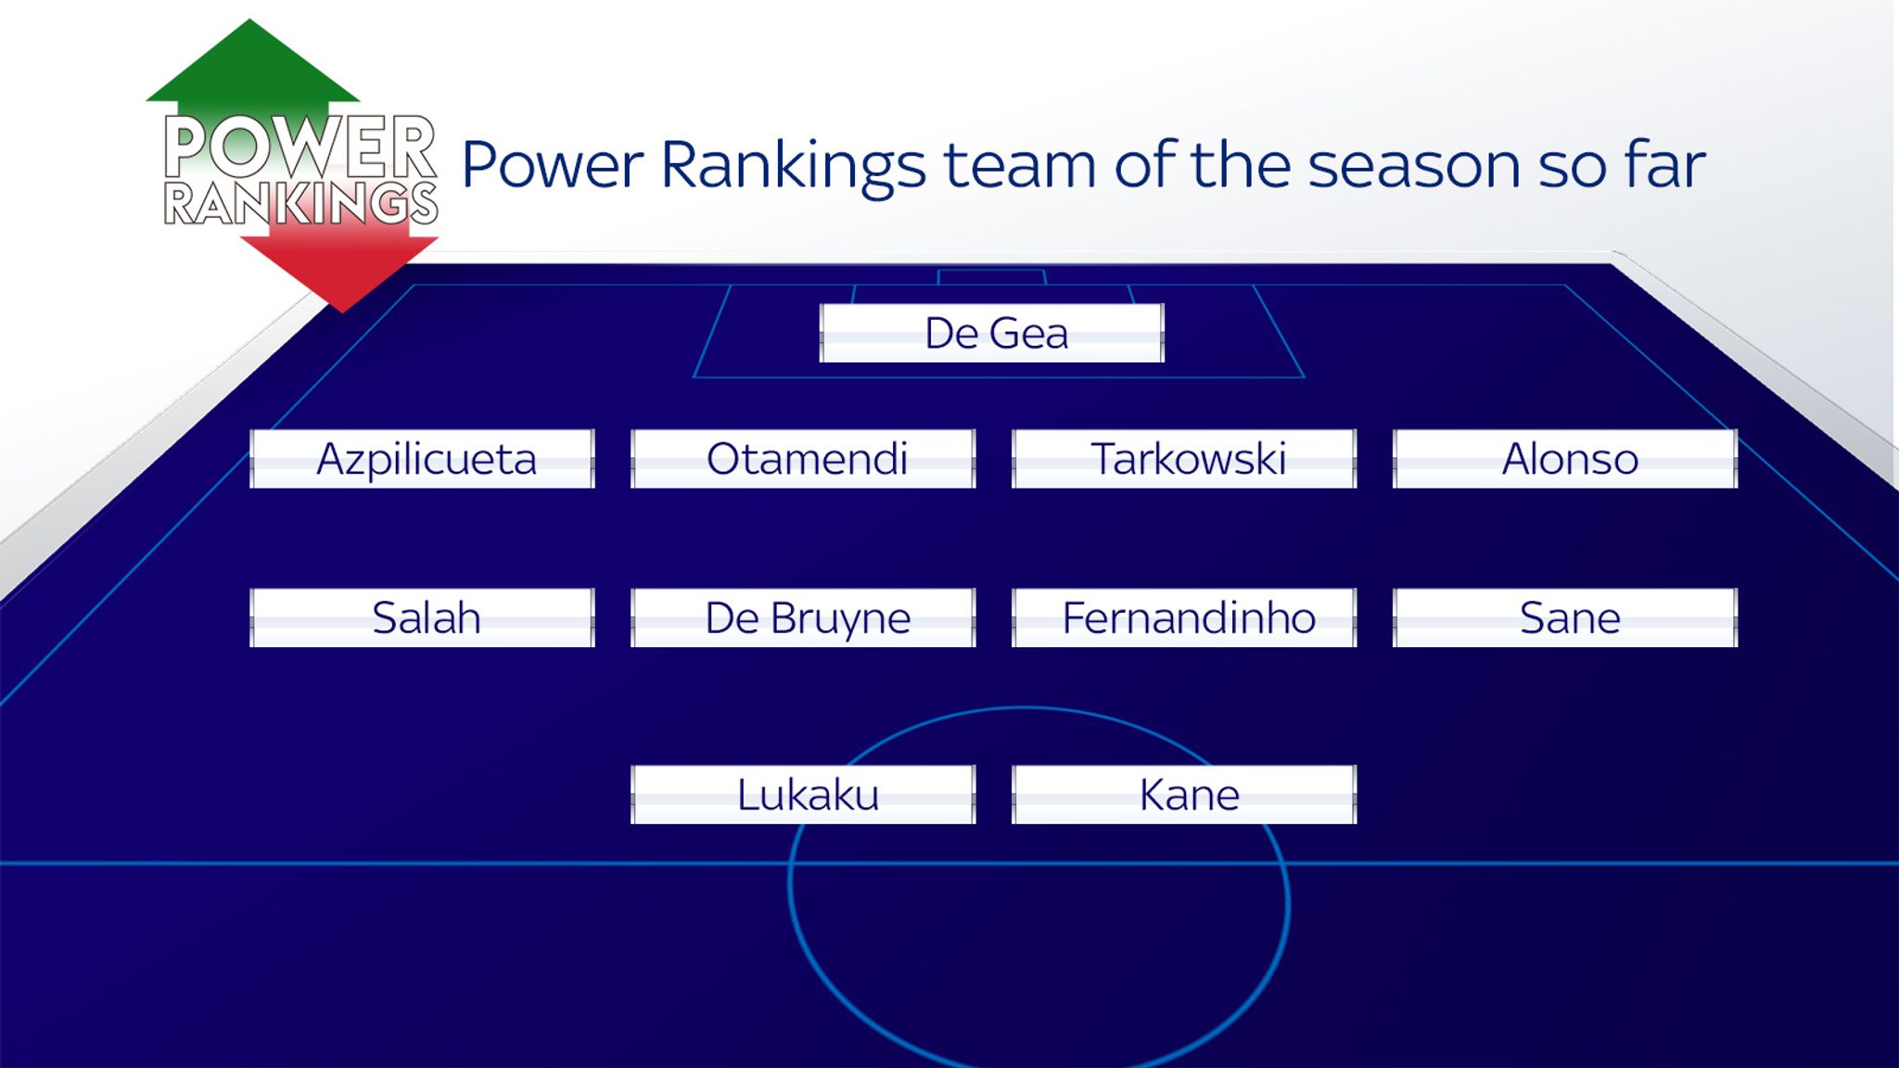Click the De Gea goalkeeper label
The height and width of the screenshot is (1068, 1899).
[992, 333]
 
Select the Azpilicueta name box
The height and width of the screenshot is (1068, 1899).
[423, 459]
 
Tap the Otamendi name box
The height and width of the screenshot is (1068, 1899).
[804, 459]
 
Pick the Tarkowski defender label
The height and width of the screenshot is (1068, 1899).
[1185, 459]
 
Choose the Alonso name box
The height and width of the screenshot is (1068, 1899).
[1566, 459]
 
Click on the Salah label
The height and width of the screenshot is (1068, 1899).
[423, 617]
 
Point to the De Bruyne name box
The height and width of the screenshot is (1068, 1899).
[804, 617]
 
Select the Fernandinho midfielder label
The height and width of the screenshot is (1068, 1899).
[1185, 617]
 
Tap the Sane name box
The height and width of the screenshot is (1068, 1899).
[1566, 617]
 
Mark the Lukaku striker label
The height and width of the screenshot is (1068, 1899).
[804, 795]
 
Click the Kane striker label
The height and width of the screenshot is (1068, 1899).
[1185, 795]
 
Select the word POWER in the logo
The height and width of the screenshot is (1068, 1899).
[300, 146]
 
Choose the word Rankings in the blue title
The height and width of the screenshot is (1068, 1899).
[793, 167]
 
